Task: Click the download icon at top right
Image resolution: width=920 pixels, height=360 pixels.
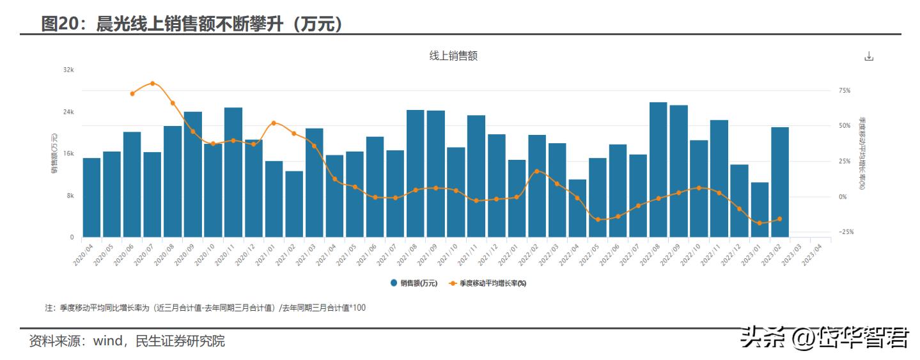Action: pyautogui.click(x=868, y=56)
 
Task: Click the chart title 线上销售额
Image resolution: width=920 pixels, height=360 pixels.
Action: pyautogui.click(x=453, y=56)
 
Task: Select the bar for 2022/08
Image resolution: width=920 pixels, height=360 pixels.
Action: pyautogui.click(x=658, y=169)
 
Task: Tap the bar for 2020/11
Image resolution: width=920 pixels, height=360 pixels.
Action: pyautogui.click(x=233, y=173)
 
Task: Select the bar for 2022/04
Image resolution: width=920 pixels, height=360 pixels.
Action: pyautogui.click(x=577, y=208)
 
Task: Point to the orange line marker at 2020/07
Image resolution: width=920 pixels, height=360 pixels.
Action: pyautogui.click(x=152, y=83)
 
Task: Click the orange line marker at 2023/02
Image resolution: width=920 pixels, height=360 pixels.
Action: pyautogui.click(x=779, y=219)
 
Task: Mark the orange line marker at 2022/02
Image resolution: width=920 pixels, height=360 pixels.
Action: pyautogui.click(x=536, y=171)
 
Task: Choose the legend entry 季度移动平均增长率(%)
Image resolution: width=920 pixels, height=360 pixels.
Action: pyautogui.click(x=491, y=283)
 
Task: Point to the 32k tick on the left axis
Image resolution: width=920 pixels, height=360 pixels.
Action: pyautogui.click(x=68, y=70)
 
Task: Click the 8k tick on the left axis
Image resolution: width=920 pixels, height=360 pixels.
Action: pyautogui.click(x=70, y=196)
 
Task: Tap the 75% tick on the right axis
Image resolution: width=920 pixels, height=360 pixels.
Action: pyautogui.click(x=845, y=91)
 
